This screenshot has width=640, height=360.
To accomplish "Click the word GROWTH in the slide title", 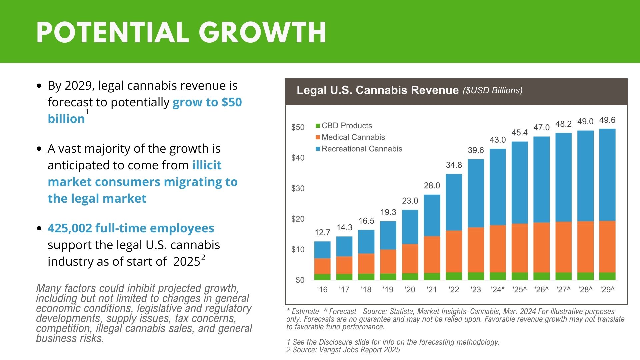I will [x=262, y=32].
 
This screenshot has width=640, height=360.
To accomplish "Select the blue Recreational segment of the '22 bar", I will [x=454, y=202].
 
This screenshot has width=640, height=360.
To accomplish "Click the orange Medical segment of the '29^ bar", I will [x=607, y=247].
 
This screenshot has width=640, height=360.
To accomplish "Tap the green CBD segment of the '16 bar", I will [x=322, y=277].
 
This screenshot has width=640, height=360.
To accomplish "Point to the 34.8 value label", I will [x=454, y=165].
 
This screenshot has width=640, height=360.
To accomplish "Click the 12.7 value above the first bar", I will [x=322, y=232].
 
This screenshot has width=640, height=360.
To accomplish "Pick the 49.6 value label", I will [x=607, y=120].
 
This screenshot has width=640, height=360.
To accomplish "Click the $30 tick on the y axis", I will [x=298, y=189].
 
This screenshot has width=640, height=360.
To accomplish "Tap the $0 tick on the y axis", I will [x=300, y=280].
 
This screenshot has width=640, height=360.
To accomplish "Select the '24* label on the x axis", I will [x=497, y=290].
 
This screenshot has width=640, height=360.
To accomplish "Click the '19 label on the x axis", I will [x=388, y=290].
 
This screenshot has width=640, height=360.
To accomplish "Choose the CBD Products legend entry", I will [x=346, y=126].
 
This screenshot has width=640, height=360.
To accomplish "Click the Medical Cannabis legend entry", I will [x=353, y=137].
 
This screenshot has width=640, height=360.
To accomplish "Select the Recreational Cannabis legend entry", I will [x=362, y=149].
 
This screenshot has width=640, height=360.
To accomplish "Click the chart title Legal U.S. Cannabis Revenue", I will [x=377, y=90].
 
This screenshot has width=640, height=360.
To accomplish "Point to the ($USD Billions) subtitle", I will [x=492, y=90].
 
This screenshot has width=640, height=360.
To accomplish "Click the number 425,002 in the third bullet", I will [x=70, y=228].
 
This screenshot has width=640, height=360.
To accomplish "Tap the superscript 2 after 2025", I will [x=203, y=257].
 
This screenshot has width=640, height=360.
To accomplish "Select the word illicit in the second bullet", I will [x=207, y=165].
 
